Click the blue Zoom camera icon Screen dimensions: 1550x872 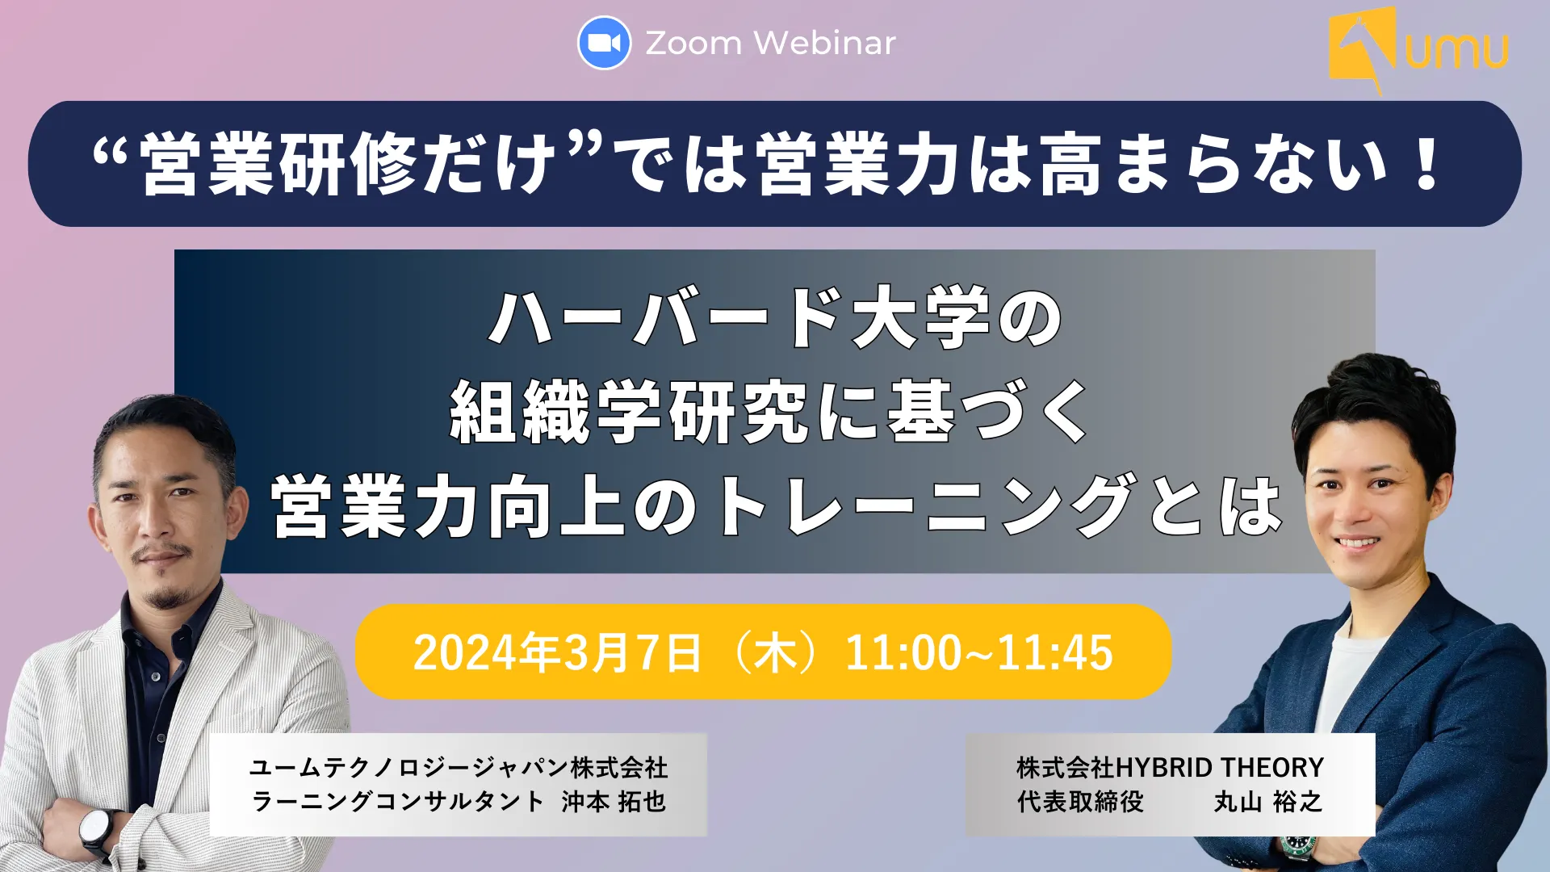(x=604, y=43)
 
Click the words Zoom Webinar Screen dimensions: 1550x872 (x=770, y=43)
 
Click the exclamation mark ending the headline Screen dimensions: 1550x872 (x=1426, y=164)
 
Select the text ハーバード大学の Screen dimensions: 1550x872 (x=775, y=317)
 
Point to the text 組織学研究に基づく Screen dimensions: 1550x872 (x=771, y=412)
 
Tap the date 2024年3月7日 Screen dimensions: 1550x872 (x=557, y=652)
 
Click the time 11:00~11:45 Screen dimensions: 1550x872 (x=978, y=652)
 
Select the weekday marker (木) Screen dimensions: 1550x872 (x=773, y=652)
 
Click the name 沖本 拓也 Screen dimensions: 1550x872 (x=614, y=801)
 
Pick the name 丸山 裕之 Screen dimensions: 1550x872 (x=1268, y=801)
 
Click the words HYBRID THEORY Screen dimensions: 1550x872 (x=1219, y=766)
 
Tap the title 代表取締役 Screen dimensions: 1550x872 (x=1080, y=801)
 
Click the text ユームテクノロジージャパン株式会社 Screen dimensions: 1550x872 (x=459, y=766)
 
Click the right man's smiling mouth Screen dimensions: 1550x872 (x=1357, y=542)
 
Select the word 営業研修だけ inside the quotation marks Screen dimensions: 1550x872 (x=347, y=164)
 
